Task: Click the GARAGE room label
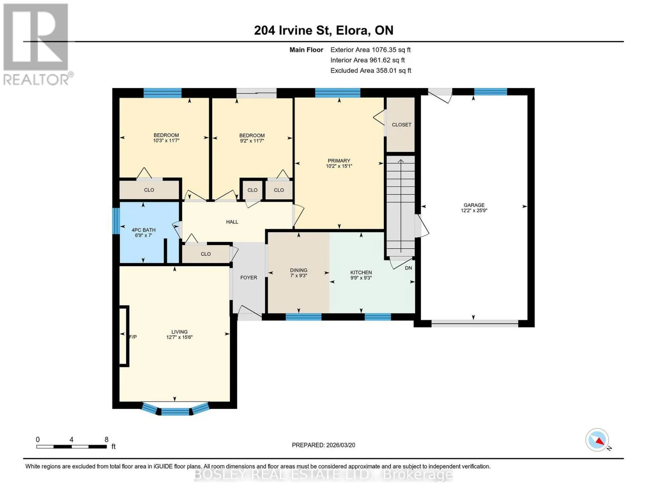click(x=474, y=205)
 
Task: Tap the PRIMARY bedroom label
click(x=339, y=161)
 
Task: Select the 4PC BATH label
click(x=144, y=230)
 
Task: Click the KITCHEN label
click(x=361, y=273)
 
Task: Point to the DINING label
click(x=299, y=270)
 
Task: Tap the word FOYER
click(x=249, y=278)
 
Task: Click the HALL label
click(x=232, y=222)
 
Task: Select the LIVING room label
click(x=179, y=332)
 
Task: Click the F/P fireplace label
click(x=133, y=337)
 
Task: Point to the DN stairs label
click(x=408, y=268)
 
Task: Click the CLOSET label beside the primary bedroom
click(x=401, y=125)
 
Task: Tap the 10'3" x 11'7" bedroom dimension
click(x=166, y=141)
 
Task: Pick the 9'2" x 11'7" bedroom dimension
click(x=252, y=141)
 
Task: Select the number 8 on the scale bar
click(x=106, y=440)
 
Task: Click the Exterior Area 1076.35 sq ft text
click(x=371, y=50)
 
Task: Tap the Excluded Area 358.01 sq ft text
click(x=371, y=71)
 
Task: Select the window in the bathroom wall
click(x=116, y=221)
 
